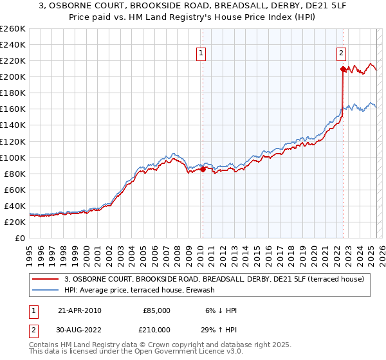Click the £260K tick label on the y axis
13,29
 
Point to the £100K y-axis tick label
13,157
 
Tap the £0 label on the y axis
21,238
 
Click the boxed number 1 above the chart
202,54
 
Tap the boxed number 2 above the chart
342,54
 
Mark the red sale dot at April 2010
203,170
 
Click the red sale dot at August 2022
343,69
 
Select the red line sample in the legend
46,279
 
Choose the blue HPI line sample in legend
46,290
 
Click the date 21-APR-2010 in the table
80,310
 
